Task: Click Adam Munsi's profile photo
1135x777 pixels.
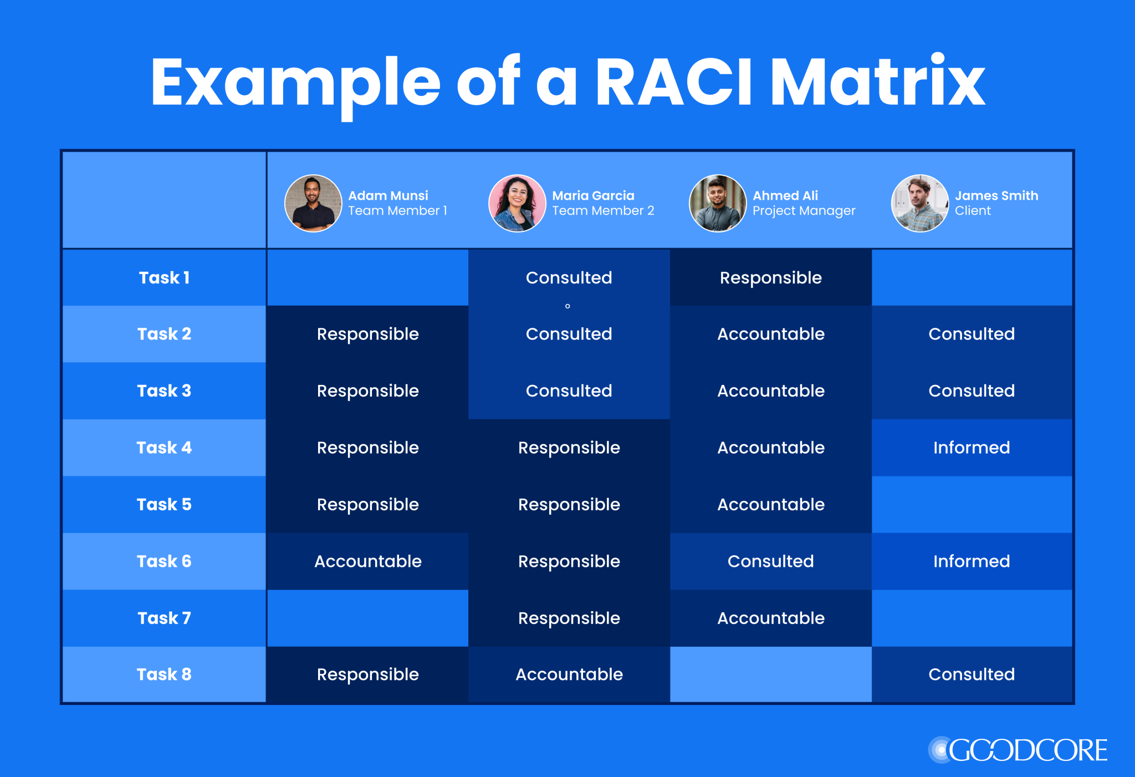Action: pyautogui.click(x=313, y=203)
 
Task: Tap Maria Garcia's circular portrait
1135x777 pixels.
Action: pyautogui.click(x=517, y=203)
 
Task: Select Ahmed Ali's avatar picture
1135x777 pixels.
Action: pyautogui.click(x=718, y=203)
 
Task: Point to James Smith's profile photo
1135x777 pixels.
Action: pyautogui.click(x=920, y=203)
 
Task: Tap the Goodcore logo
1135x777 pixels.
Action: pyautogui.click(x=1018, y=750)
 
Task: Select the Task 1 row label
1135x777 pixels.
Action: pyautogui.click(x=164, y=277)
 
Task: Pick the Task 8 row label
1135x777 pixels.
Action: pyautogui.click(x=164, y=674)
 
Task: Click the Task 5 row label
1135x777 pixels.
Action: pyautogui.click(x=164, y=504)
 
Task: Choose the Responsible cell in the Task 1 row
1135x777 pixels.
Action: pyautogui.click(x=771, y=277)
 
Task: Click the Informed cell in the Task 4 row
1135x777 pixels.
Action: pyautogui.click(x=972, y=448)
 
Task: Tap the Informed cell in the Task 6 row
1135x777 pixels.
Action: pyautogui.click(x=972, y=561)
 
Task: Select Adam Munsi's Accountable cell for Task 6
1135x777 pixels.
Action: pyautogui.click(x=368, y=561)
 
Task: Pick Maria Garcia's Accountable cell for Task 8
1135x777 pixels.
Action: pyautogui.click(x=569, y=674)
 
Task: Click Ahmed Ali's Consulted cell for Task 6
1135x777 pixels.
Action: pyautogui.click(x=771, y=561)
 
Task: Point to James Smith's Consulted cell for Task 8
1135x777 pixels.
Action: pyautogui.click(x=972, y=674)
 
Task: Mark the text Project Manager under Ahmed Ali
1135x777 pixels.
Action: pyautogui.click(x=804, y=211)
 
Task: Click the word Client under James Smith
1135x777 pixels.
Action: pyautogui.click(x=973, y=211)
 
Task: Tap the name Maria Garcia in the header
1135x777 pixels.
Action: pyautogui.click(x=593, y=195)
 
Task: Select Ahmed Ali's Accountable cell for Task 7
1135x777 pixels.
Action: pyautogui.click(x=771, y=618)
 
